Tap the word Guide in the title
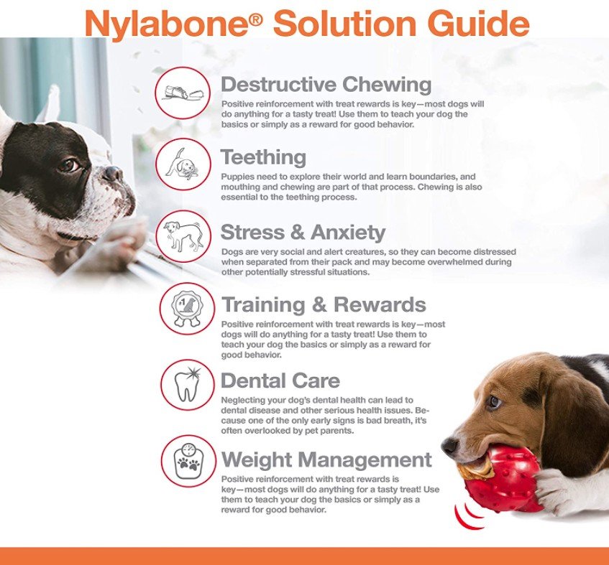click(x=480, y=23)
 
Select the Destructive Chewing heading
click(x=326, y=85)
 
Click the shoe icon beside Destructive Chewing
click(x=183, y=93)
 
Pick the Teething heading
click(x=264, y=157)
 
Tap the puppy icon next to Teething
click(x=183, y=164)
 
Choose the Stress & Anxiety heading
click(x=303, y=232)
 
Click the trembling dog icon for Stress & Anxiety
click(x=183, y=236)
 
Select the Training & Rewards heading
click(x=324, y=304)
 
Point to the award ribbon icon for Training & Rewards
click(x=187, y=309)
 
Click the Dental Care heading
click(x=280, y=380)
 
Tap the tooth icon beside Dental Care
click(x=188, y=384)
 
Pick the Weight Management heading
click(x=326, y=460)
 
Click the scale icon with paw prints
click(x=188, y=461)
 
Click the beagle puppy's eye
click(x=495, y=402)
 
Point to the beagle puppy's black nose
click(x=450, y=446)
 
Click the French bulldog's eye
click(x=70, y=165)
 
